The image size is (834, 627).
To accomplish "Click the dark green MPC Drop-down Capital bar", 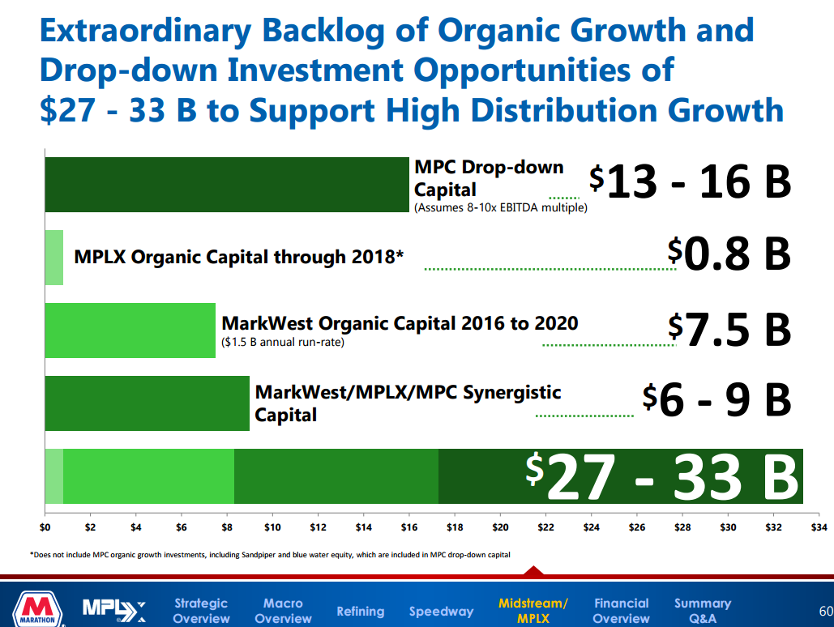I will coord(227,185).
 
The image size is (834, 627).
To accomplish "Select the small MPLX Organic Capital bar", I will coord(53,258).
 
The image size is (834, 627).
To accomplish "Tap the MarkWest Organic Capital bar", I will coord(130,331).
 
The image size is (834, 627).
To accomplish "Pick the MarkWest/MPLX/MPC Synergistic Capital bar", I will coord(147,403).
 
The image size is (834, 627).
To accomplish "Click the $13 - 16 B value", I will coord(691,181).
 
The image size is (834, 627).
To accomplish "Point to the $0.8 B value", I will coord(729,254).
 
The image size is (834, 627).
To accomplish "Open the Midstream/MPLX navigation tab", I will coord(533,611).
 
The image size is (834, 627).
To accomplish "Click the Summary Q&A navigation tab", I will coord(703,611).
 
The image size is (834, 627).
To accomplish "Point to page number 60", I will coord(826,610).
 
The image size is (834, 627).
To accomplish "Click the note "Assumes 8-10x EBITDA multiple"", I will coord(500,208).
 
